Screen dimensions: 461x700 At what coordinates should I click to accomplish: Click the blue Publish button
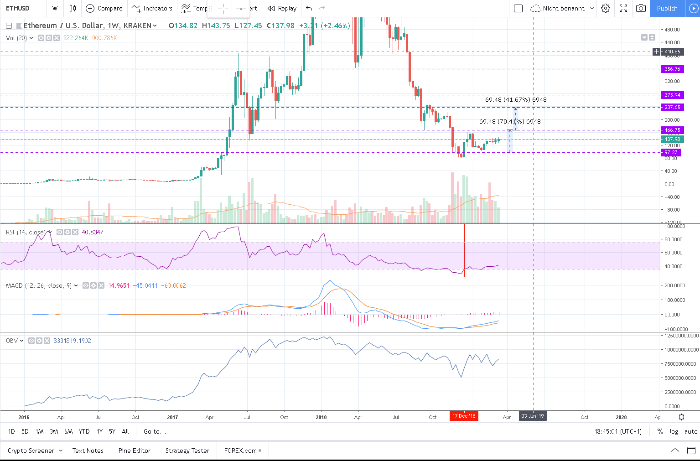667,8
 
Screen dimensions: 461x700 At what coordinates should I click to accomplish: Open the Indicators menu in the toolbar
152,8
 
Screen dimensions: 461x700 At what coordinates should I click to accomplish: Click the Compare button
104,8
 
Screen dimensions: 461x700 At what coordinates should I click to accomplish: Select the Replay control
282,8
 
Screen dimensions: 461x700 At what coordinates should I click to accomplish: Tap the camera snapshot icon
641,8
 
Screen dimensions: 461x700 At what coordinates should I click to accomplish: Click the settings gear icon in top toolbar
606,8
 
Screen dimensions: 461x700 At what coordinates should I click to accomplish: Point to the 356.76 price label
672,69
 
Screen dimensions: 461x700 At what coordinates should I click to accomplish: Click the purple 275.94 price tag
672,95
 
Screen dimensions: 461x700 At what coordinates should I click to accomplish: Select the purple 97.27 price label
671,152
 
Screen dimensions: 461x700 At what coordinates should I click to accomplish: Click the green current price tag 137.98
672,139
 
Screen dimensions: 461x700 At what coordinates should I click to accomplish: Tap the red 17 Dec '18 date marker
464,416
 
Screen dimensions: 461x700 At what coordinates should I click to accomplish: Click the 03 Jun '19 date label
533,416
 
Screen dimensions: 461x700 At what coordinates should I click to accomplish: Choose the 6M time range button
68,431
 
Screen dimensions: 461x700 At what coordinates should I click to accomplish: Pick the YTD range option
84,431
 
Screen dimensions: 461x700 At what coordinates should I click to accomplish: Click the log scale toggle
674,431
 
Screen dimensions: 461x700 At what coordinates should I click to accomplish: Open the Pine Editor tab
134,451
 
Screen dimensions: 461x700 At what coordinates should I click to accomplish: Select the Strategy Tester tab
187,451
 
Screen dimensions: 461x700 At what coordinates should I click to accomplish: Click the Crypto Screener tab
31,451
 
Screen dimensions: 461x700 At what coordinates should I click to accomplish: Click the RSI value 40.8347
93,232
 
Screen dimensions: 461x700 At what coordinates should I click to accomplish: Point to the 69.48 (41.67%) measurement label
516,99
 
